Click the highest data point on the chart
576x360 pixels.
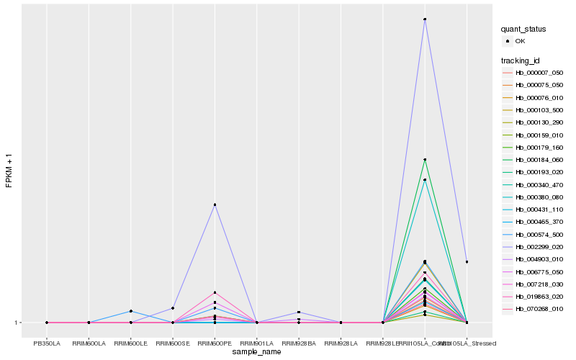(x=425, y=19)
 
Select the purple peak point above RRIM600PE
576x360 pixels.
(x=215, y=204)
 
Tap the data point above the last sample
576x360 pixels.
(x=467, y=261)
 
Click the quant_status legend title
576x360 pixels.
(x=523, y=29)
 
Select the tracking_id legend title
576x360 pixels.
(x=521, y=60)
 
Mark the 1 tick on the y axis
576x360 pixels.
(x=17, y=323)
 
